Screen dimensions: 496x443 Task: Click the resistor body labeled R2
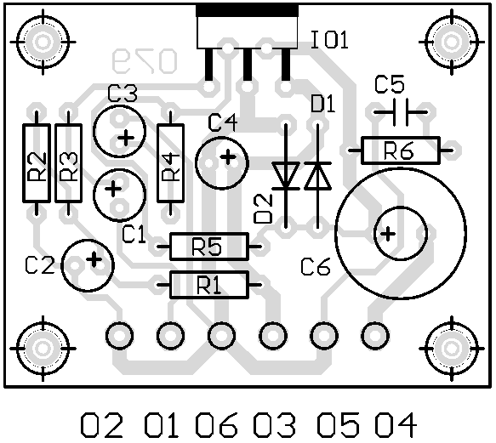37,163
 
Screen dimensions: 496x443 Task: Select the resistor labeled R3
68,163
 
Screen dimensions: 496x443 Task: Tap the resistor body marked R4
171,163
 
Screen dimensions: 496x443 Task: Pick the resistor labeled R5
209,247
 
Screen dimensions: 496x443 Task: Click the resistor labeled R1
209,285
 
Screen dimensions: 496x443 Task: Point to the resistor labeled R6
401,151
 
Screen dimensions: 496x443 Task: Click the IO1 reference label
329,39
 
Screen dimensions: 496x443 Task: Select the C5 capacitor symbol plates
401,112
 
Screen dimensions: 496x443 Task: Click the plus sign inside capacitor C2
94,260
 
